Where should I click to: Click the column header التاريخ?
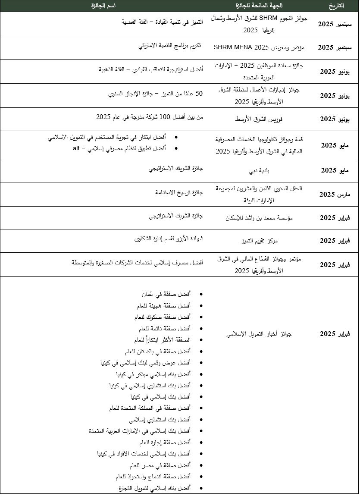click(x=336, y=6)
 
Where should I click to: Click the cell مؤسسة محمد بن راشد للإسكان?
click(x=259, y=218)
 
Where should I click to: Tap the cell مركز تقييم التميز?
click(x=259, y=241)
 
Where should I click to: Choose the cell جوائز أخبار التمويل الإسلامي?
click(x=259, y=334)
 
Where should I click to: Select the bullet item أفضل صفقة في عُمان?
click(x=166, y=294)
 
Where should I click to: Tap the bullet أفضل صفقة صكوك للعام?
click(x=163, y=317)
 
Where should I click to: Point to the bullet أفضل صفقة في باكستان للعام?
click(x=158, y=351)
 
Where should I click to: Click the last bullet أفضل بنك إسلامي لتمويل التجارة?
click(x=154, y=488)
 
